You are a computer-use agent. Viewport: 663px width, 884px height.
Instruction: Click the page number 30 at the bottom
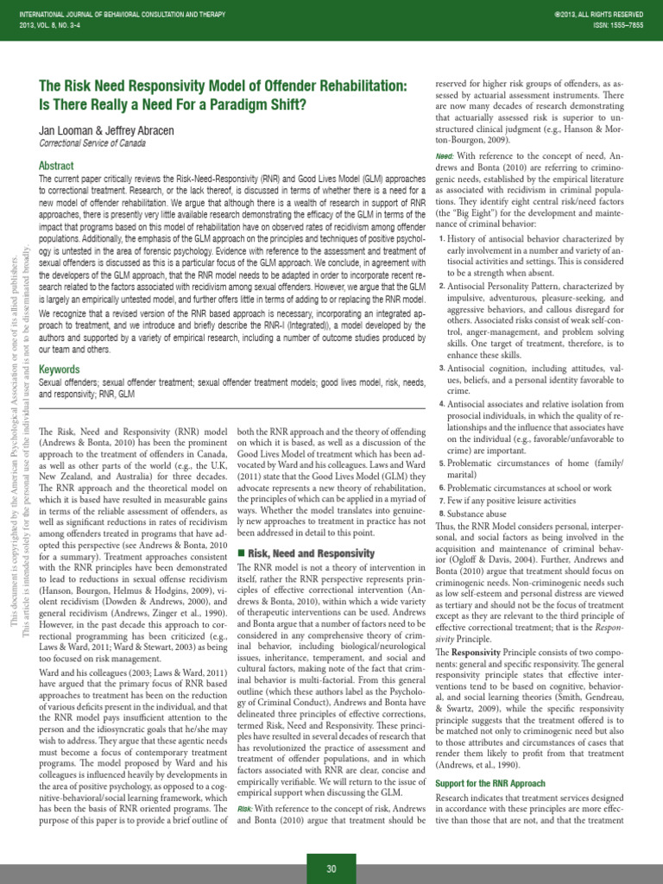point(331,868)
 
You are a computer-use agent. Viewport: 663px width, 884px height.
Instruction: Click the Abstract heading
point(57,165)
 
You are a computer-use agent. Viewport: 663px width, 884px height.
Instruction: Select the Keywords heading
point(60,369)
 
